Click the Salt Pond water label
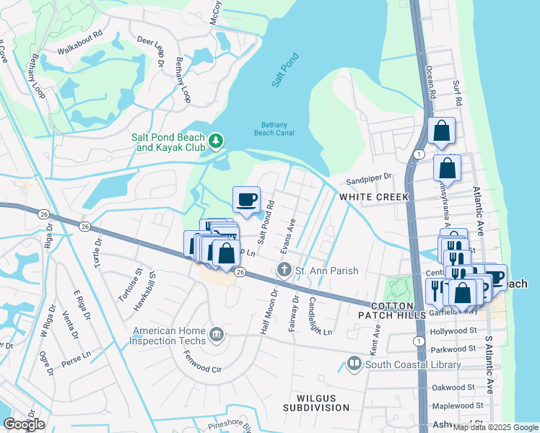[285, 70]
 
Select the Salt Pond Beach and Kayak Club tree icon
[215, 140]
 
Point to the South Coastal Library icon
[354, 364]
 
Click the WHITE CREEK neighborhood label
[374, 197]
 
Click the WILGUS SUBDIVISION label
[323, 403]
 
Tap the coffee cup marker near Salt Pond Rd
[246, 198]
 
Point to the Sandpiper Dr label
[367, 175]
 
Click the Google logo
[24, 424]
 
